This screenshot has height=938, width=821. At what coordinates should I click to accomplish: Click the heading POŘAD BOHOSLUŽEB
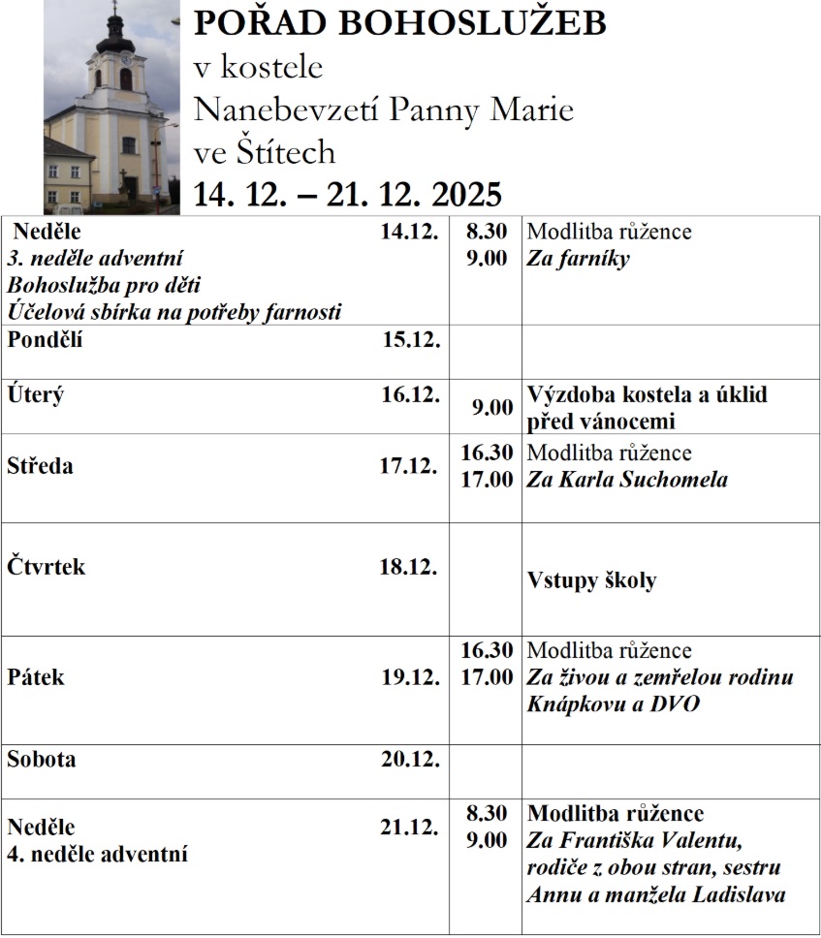click(x=399, y=22)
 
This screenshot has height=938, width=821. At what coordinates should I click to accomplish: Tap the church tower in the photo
click(x=115, y=58)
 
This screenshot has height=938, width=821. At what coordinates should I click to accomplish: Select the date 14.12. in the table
click(x=409, y=232)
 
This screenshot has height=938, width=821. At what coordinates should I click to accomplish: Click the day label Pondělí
click(x=45, y=339)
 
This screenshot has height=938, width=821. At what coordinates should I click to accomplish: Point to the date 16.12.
click(x=409, y=394)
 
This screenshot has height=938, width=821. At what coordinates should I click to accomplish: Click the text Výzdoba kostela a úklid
click(x=647, y=395)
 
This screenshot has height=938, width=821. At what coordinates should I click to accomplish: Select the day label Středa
click(x=40, y=466)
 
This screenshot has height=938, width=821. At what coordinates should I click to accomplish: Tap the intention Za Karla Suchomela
click(x=626, y=480)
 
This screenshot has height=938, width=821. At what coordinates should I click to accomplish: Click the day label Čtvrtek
click(x=46, y=567)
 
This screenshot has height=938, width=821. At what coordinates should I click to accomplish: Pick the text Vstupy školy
click(x=591, y=580)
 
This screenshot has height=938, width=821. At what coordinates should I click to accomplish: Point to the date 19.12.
click(x=409, y=676)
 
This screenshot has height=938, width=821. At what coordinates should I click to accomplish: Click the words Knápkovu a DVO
click(x=613, y=704)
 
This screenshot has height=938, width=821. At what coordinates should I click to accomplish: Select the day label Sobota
click(x=41, y=759)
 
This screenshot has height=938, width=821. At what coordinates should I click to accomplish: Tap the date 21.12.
click(x=409, y=828)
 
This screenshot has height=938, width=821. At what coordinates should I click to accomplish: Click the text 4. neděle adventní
click(x=97, y=855)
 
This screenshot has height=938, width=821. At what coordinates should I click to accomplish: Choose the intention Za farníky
click(x=578, y=259)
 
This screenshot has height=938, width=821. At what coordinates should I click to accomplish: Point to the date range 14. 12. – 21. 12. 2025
click(x=348, y=194)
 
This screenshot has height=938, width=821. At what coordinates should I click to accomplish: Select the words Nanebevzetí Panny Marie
click(x=383, y=109)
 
